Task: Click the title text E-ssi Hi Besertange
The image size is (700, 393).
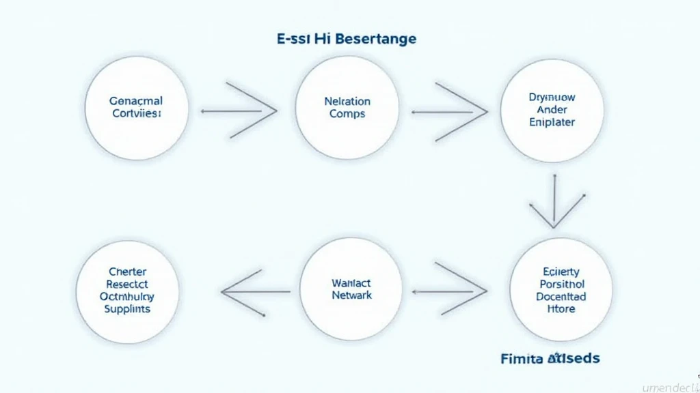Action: click(347, 39)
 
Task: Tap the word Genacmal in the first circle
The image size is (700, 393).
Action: click(136, 101)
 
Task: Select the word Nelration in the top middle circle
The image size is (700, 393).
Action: click(347, 101)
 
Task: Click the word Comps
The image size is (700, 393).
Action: click(347, 114)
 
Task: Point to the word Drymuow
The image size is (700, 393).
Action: click(552, 97)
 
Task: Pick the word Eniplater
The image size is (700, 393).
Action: click(552, 122)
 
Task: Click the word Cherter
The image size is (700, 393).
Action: click(127, 271)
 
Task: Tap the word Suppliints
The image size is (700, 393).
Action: click(127, 309)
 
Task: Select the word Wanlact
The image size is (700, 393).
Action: click(351, 282)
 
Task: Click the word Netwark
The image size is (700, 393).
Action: click(351, 295)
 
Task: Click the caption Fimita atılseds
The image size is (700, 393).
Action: click(550, 358)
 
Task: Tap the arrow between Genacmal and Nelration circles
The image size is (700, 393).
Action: click(239, 110)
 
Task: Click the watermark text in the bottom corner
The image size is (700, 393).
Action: click(671, 385)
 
